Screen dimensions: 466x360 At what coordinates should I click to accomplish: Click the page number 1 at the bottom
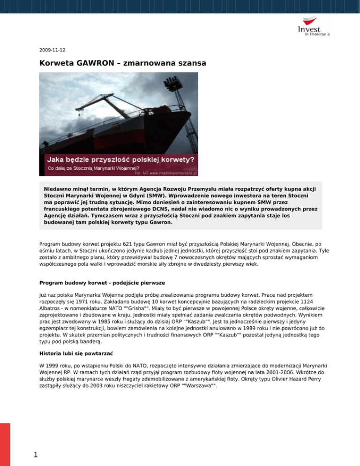[x=29, y=455]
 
